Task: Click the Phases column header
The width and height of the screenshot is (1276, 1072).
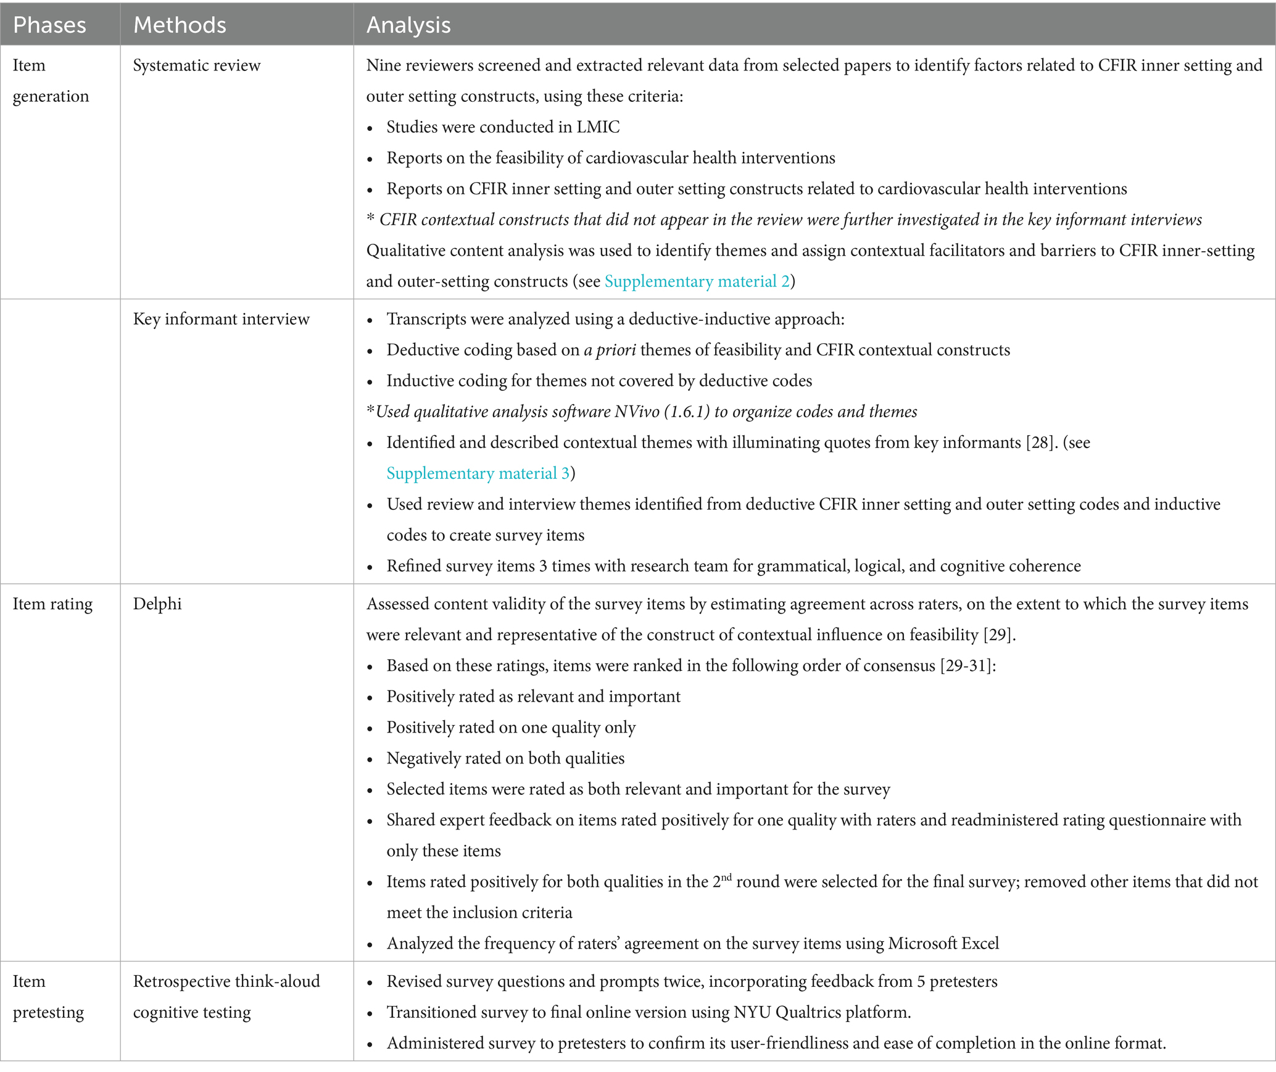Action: coord(49,25)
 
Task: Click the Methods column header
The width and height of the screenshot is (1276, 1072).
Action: coord(180,25)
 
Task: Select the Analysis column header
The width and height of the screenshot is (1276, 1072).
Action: coord(408,25)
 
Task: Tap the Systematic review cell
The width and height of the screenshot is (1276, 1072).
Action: coord(197,65)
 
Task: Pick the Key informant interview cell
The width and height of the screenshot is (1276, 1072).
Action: coord(221,319)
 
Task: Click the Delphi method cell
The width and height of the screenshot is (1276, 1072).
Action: coord(157,604)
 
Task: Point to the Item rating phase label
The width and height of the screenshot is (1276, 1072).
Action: coord(52,604)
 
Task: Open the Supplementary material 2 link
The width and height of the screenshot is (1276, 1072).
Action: coord(697,281)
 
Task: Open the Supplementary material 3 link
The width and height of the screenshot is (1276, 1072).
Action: coord(478,473)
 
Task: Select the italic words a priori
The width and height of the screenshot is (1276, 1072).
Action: coord(610,350)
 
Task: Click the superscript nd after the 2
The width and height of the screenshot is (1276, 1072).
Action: coord(726,877)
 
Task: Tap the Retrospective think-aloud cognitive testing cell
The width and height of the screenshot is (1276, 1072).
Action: coord(226,997)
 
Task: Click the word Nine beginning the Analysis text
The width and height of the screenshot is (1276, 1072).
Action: coord(383,65)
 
